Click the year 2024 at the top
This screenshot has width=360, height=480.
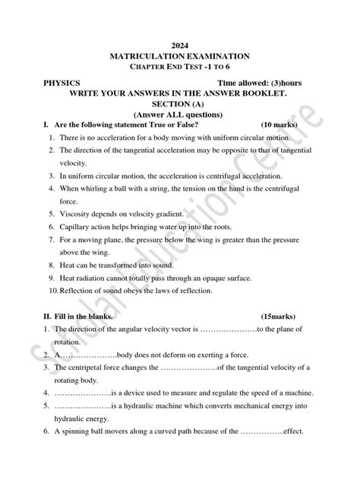179,46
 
